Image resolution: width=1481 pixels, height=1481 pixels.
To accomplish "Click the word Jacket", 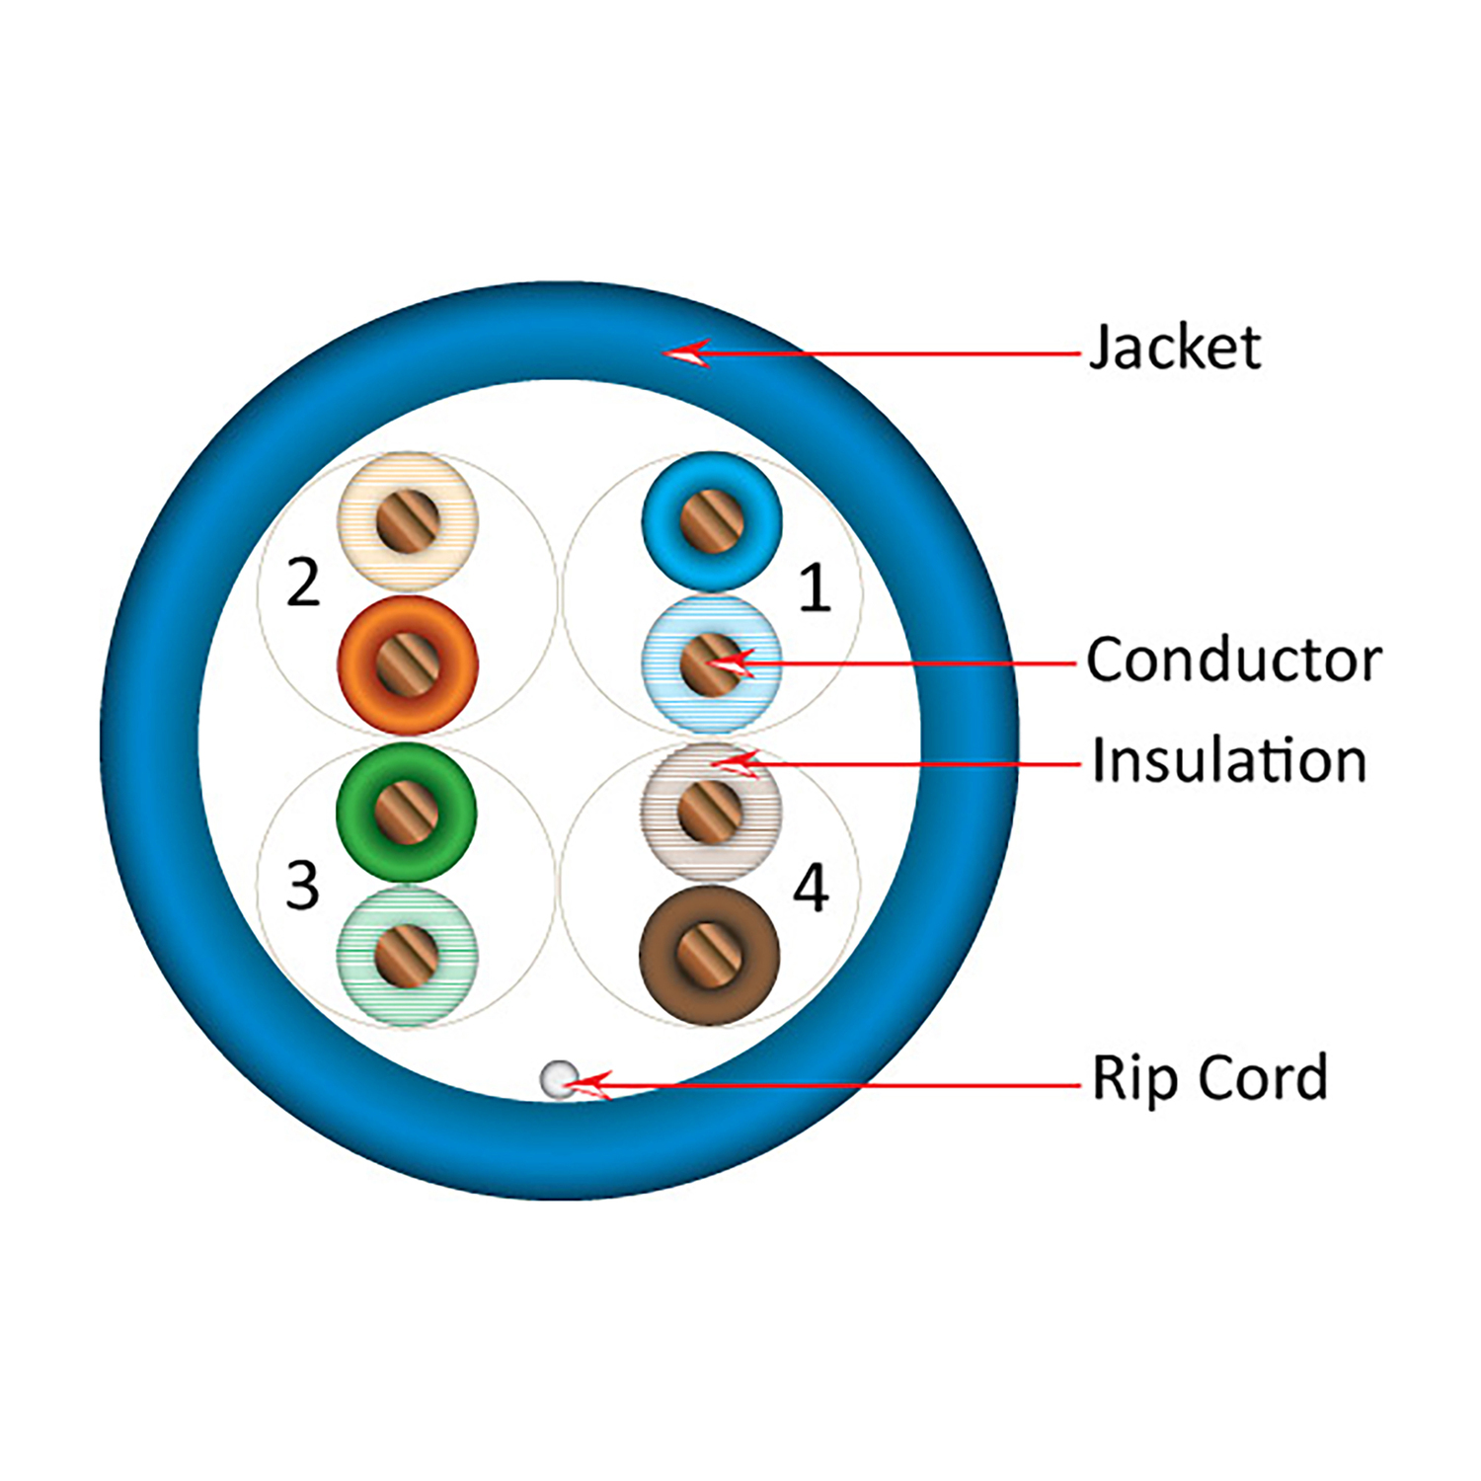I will click(1174, 348).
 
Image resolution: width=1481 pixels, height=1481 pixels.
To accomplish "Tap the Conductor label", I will click(1233, 660).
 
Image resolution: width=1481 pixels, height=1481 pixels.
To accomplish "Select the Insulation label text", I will click(1228, 761).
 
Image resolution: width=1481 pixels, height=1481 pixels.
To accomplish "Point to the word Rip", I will click(1134, 1078).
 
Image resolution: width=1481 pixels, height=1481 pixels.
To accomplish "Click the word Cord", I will click(1263, 1077).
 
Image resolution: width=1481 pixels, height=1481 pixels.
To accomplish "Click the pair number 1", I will click(814, 588).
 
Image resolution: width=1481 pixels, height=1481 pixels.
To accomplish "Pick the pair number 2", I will click(303, 583).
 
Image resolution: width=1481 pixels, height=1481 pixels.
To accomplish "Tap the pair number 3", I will click(302, 886).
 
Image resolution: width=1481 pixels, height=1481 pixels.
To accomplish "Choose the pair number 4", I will click(811, 888).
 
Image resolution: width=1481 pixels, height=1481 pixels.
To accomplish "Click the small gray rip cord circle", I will click(559, 1078).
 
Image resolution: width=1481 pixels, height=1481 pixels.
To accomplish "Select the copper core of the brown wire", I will click(709, 956).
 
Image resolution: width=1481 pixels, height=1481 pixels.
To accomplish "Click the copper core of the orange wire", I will click(408, 664).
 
